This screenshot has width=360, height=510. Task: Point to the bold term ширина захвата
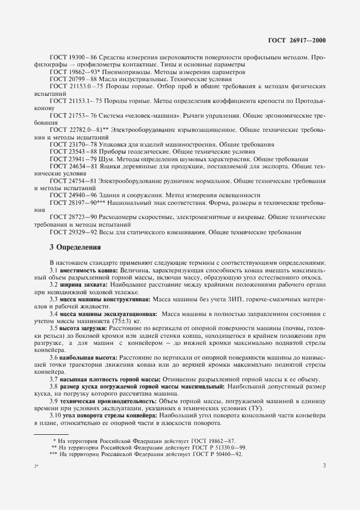[84, 284]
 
